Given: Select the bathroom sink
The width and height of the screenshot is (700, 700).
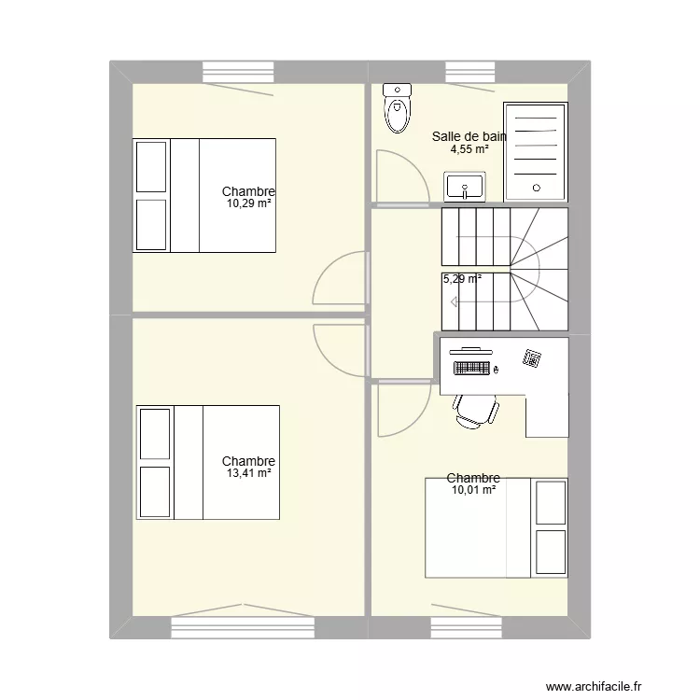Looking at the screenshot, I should click(464, 187).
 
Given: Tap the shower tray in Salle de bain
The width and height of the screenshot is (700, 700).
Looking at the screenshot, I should click(535, 152).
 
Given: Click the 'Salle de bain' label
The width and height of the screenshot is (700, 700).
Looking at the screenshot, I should click(469, 136).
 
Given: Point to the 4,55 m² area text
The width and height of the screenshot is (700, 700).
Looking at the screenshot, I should click(469, 148).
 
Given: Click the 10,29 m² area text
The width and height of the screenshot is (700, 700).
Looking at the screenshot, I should click(248, 203).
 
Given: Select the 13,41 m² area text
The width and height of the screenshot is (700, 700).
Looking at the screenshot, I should click(248, 473).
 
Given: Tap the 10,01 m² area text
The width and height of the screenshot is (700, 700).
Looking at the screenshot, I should click(473, 489).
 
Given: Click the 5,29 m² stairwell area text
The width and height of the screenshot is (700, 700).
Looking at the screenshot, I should click(462, 278).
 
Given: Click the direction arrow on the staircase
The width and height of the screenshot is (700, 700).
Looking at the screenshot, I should click(455, 301).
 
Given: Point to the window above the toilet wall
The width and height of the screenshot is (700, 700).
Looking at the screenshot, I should click(470, 71).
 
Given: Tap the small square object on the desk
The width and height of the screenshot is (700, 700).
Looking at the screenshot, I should click(532, 357).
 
